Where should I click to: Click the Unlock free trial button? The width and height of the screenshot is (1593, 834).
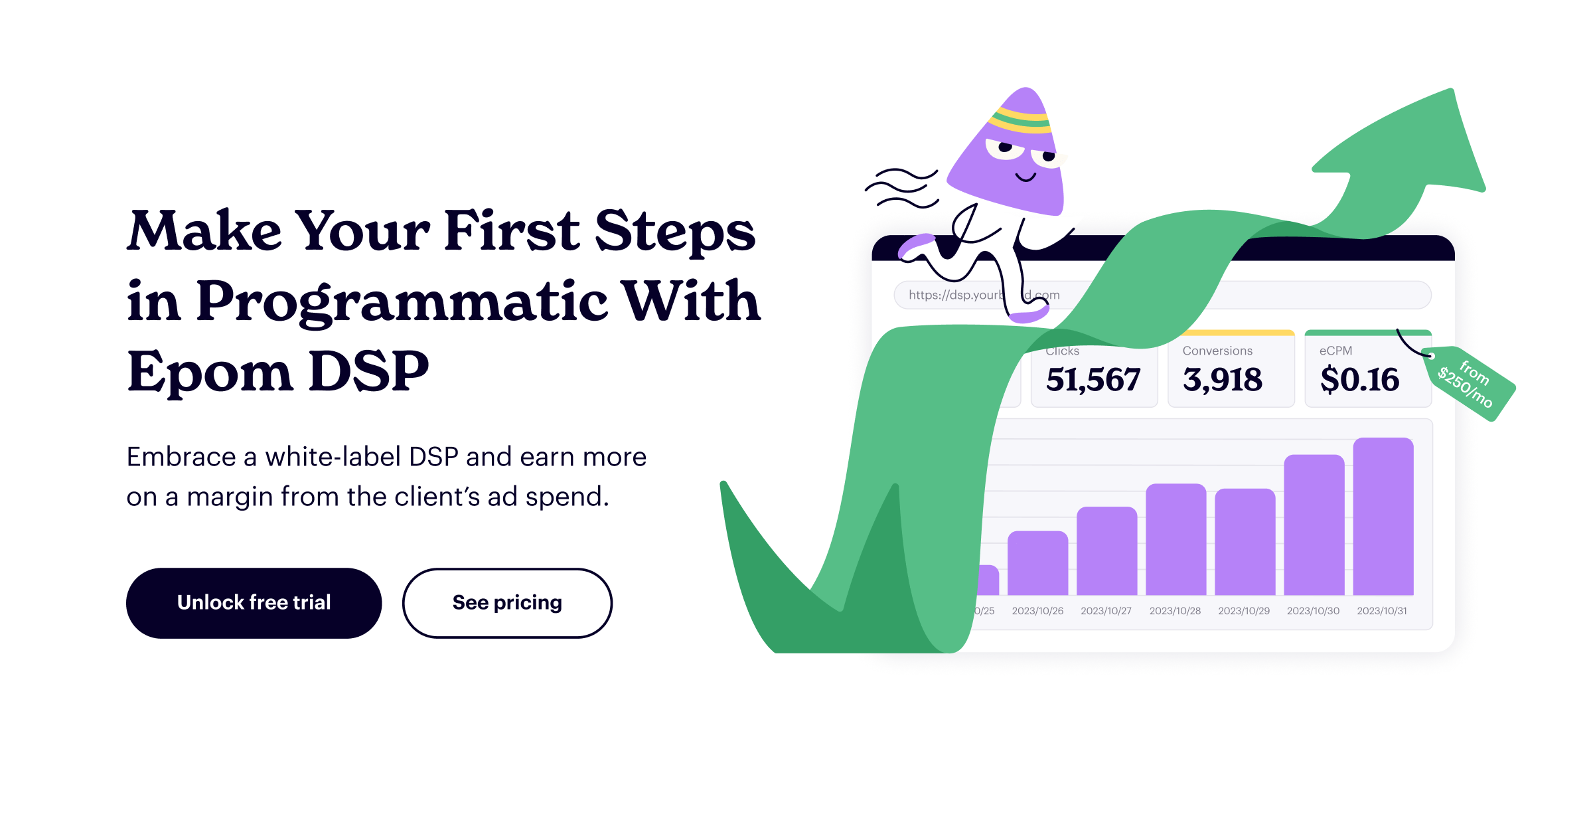pos(254,603)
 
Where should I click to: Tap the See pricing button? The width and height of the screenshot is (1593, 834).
pos(507,603)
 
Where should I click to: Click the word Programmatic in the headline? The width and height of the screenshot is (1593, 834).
pos(402,301)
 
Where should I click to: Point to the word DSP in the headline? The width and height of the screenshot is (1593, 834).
pos(369,372)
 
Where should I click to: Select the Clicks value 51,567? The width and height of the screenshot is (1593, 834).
pos(1093,380)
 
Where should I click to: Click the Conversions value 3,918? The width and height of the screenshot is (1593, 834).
pos(1223,380)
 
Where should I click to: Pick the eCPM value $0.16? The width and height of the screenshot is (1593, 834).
pos(1359,380)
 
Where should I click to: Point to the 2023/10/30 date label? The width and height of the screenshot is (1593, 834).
pos(1313,611)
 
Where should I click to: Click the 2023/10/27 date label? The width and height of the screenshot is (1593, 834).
pos(1106,611)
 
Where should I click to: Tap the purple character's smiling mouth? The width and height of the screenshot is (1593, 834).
pos(1025,177)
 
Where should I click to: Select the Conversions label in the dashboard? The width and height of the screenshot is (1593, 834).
pos(1217,351)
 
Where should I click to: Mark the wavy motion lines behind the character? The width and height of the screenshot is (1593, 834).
pos(903,188)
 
